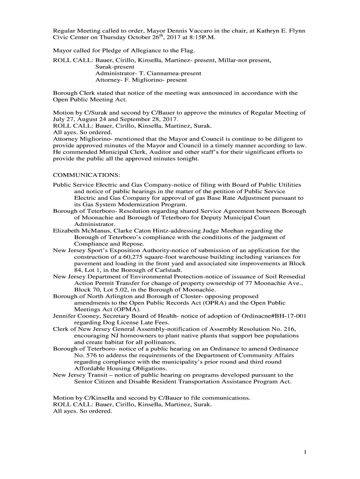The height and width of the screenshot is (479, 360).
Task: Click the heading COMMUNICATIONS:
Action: [x=86, y=175]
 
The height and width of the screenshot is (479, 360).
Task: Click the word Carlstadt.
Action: [x=173, y=270]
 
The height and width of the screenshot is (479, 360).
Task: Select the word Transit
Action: [x=94, y=375]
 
